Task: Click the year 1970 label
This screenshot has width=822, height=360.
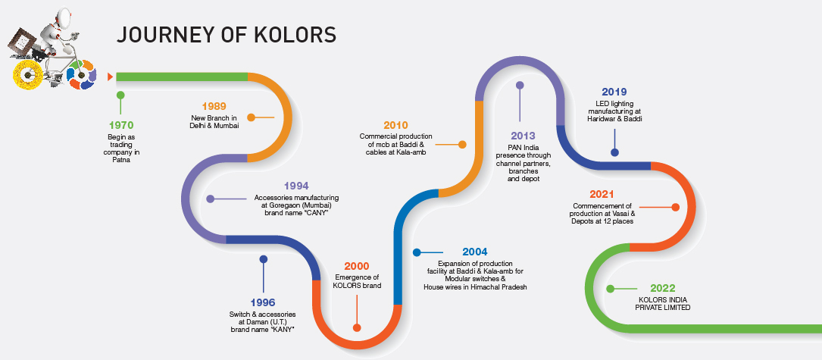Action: pos(121,125)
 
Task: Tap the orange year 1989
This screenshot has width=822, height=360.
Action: pos(214,107)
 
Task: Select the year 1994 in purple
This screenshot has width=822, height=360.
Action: pos(296,186)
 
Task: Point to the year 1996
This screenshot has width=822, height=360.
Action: pos(263,303)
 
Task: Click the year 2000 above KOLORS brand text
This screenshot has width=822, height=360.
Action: pos(357,267)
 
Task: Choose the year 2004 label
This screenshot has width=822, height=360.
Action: pos(475,252)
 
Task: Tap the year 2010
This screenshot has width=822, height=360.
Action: pos(395,125)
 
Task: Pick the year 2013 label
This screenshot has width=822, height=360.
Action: pos(524,136)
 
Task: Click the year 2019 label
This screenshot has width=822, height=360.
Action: pos(614,92)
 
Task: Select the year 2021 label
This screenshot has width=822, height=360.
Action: pos(602,195)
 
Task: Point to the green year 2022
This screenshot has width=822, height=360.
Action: pos(663,289)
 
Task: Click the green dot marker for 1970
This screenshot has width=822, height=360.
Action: pos(120,95)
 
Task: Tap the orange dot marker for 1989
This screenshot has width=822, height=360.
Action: pos(251,117)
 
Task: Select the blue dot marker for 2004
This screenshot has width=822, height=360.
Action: pos(417,252)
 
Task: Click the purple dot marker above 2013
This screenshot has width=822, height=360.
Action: pos(520,85)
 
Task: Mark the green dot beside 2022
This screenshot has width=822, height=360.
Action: pos(610,289)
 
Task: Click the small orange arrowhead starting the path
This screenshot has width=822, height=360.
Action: pos(110,77)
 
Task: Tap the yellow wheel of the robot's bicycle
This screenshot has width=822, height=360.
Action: pos(28,74)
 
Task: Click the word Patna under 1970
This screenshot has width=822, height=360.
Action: pos(121,160)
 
